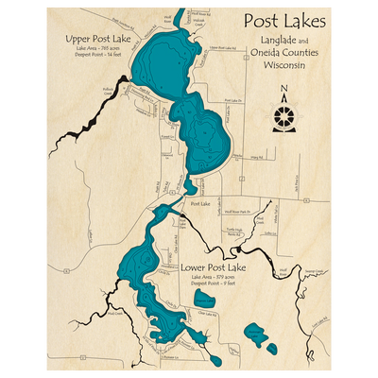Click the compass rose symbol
coord(284,116)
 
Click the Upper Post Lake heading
coord(94,39)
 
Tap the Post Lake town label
coord(199,204)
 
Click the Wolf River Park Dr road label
coord(245,212)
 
